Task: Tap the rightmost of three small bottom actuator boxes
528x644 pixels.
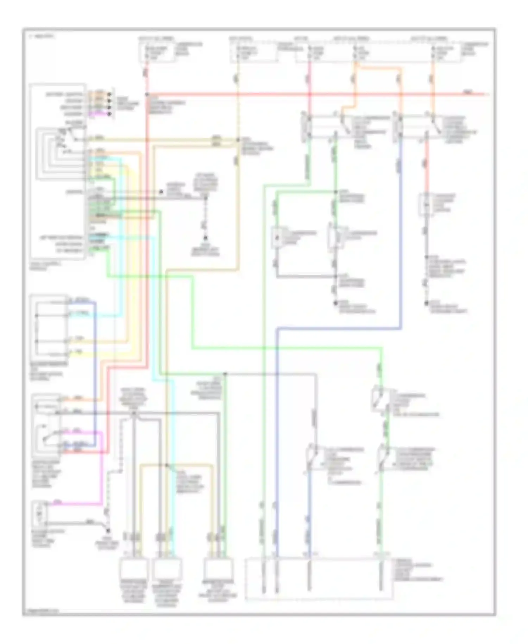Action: point(218,568)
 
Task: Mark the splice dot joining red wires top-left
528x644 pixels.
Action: point(147,94)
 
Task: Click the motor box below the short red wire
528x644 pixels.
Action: point(426,204)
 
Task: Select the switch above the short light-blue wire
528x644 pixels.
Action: point(312,458)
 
